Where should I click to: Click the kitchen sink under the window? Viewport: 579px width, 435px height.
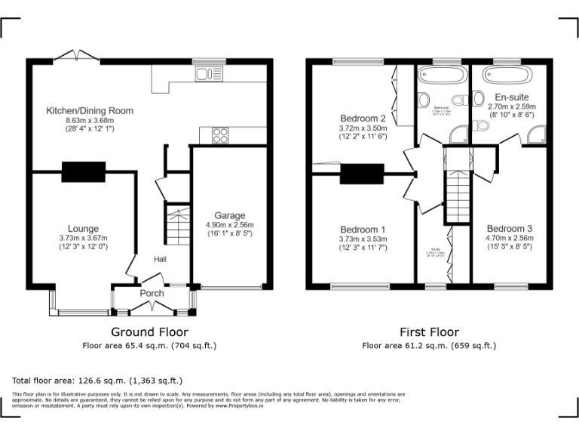(x=204, y=73)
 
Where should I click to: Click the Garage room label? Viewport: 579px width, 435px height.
(x=230, y=215)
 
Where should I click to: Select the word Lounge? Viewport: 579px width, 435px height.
(x=83, y=229)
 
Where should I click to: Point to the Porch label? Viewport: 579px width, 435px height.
(x=152, y=293)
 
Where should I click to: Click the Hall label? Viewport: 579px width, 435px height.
(x=160, y=259)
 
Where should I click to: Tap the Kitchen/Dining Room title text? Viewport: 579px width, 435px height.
(x=90, y=111)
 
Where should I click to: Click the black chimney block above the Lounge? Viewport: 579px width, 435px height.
(x=84, y=171)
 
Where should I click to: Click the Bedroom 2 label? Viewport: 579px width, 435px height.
(x=363, y=119)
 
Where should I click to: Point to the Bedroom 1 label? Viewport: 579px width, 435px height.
(x=363, y=230)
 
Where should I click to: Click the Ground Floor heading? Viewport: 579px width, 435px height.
(x=149, y=332)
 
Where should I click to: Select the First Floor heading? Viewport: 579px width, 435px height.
(x=429, y=332)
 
